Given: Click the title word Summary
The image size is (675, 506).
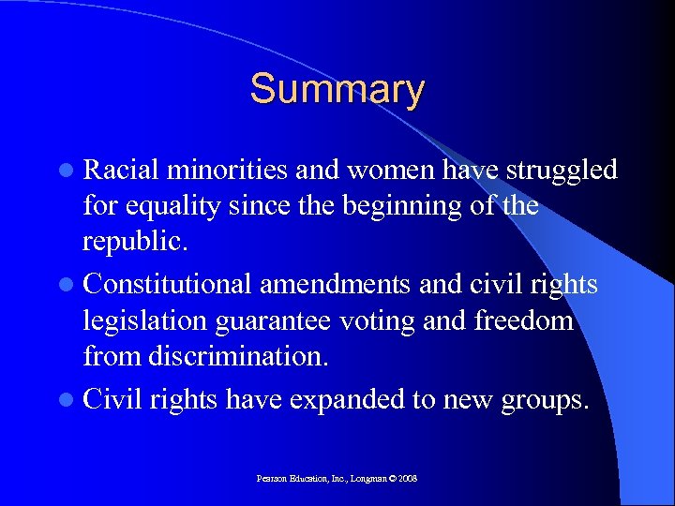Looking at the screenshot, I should (x=337, y=90).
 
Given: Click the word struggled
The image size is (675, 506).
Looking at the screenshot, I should (x=561, y=170).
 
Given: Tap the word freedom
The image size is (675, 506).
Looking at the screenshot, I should (x=527, y=320).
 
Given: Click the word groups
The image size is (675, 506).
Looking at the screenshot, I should (x=544, y=400).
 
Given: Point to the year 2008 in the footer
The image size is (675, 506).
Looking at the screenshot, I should (x=407, y=478).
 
